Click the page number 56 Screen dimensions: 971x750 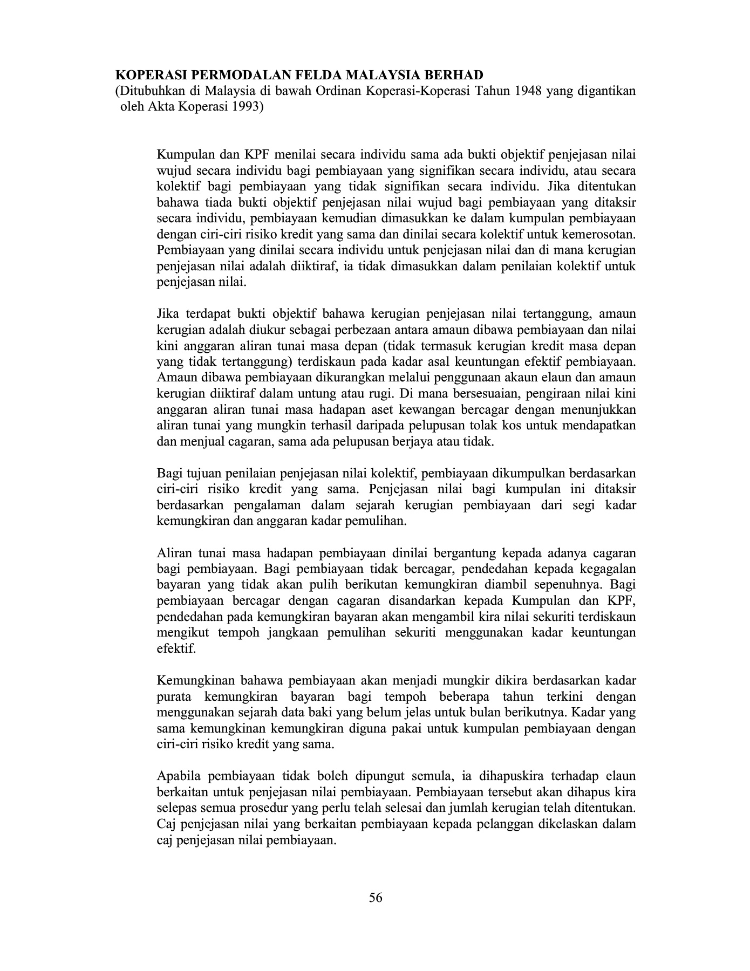tap(376, 898)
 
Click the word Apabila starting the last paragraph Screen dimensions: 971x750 tap(178, 776)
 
